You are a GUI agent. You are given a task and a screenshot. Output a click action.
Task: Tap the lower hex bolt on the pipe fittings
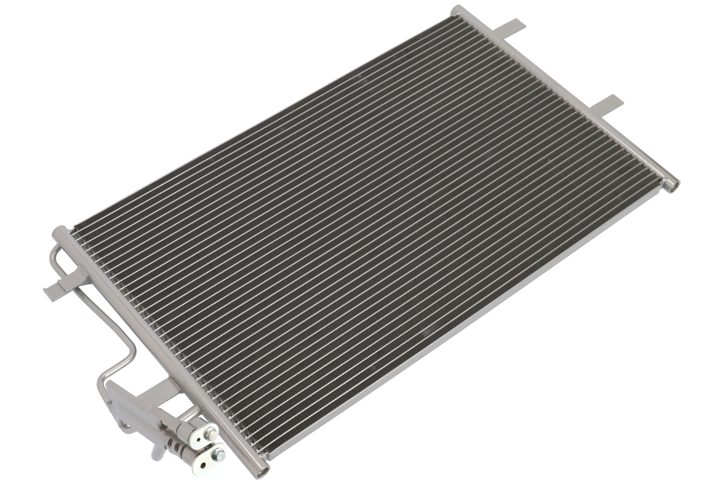(219, 455)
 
